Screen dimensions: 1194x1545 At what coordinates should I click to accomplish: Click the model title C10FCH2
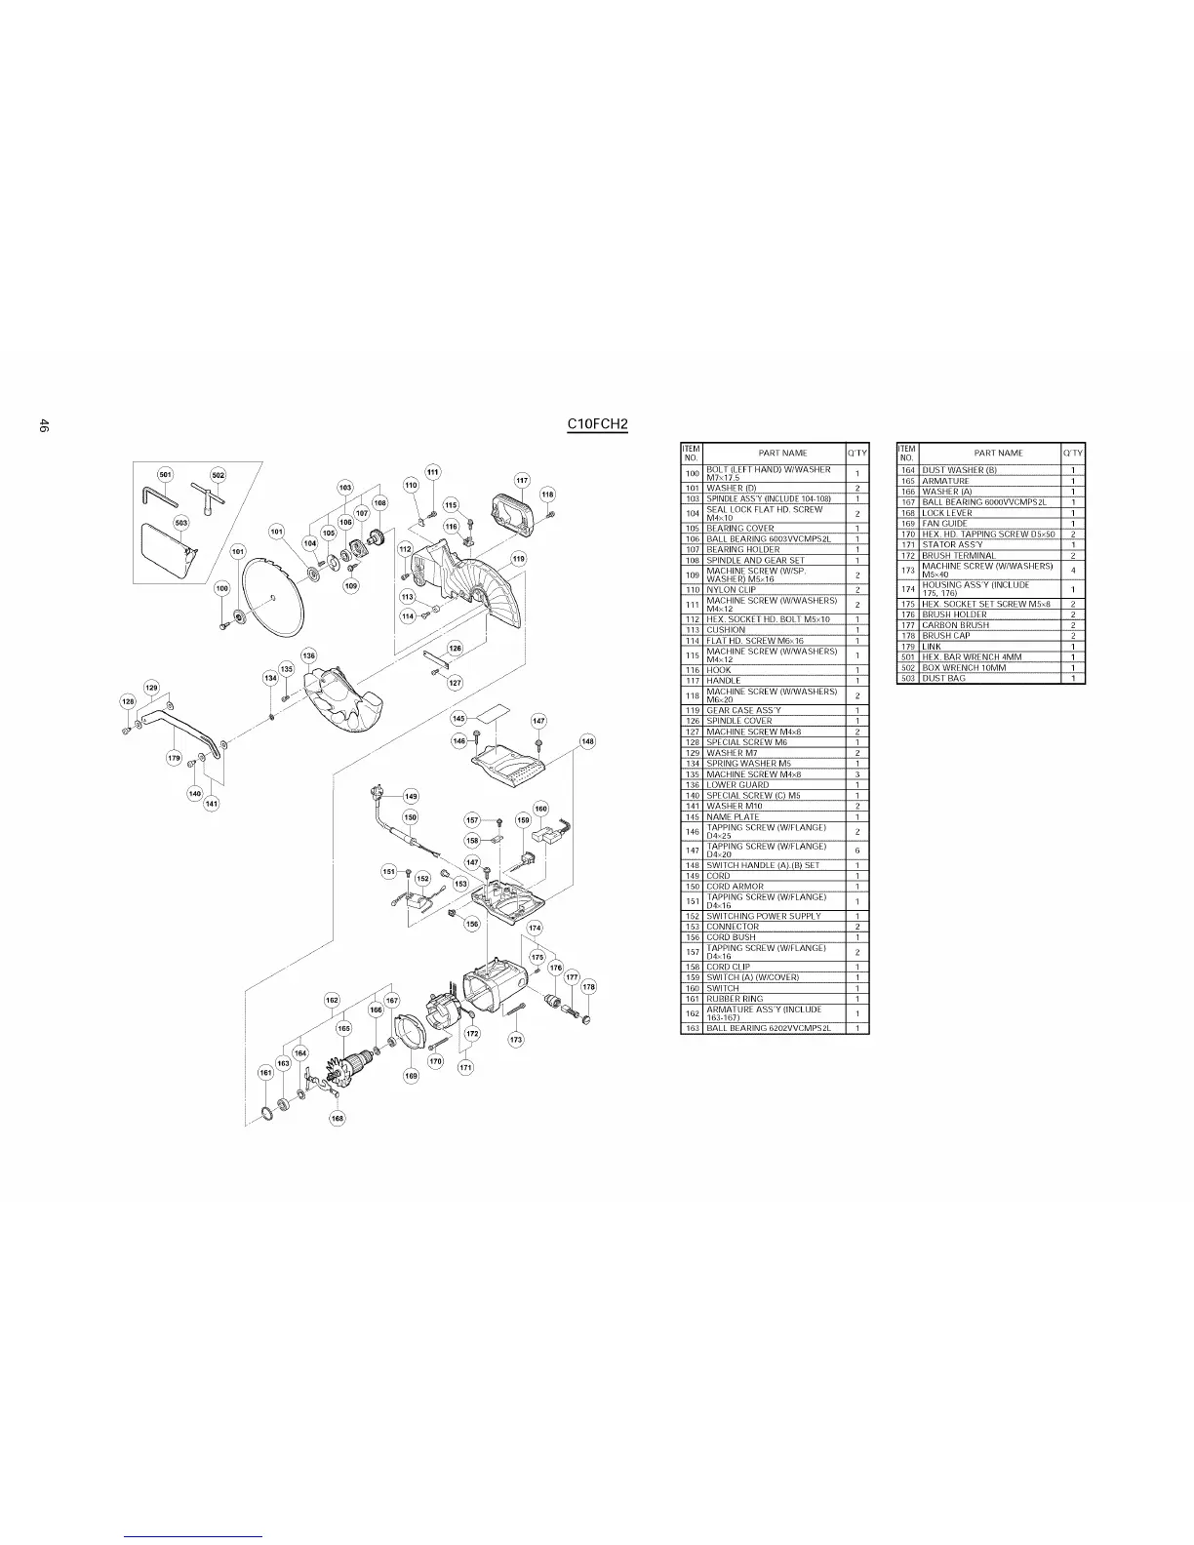pos(598,424)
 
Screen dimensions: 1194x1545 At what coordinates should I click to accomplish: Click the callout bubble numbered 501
pos(165,475)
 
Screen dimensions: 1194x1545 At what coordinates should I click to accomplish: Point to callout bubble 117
pos(522,480)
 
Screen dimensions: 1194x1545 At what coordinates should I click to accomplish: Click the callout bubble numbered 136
pos(308,655)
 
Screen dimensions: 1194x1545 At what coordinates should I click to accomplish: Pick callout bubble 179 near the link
pos(175,757)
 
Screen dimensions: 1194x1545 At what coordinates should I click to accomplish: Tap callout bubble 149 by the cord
pos(411,796)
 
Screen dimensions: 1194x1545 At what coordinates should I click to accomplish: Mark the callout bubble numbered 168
pos(337,1118)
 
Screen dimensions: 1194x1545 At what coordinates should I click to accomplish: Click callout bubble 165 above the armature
pos(343,1028)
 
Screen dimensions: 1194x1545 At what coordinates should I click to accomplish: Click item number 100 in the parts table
pos(692,473)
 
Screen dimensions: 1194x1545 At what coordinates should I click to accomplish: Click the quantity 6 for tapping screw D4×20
pos(856,851)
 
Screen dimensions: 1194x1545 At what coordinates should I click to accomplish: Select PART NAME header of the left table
pos(781,453)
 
